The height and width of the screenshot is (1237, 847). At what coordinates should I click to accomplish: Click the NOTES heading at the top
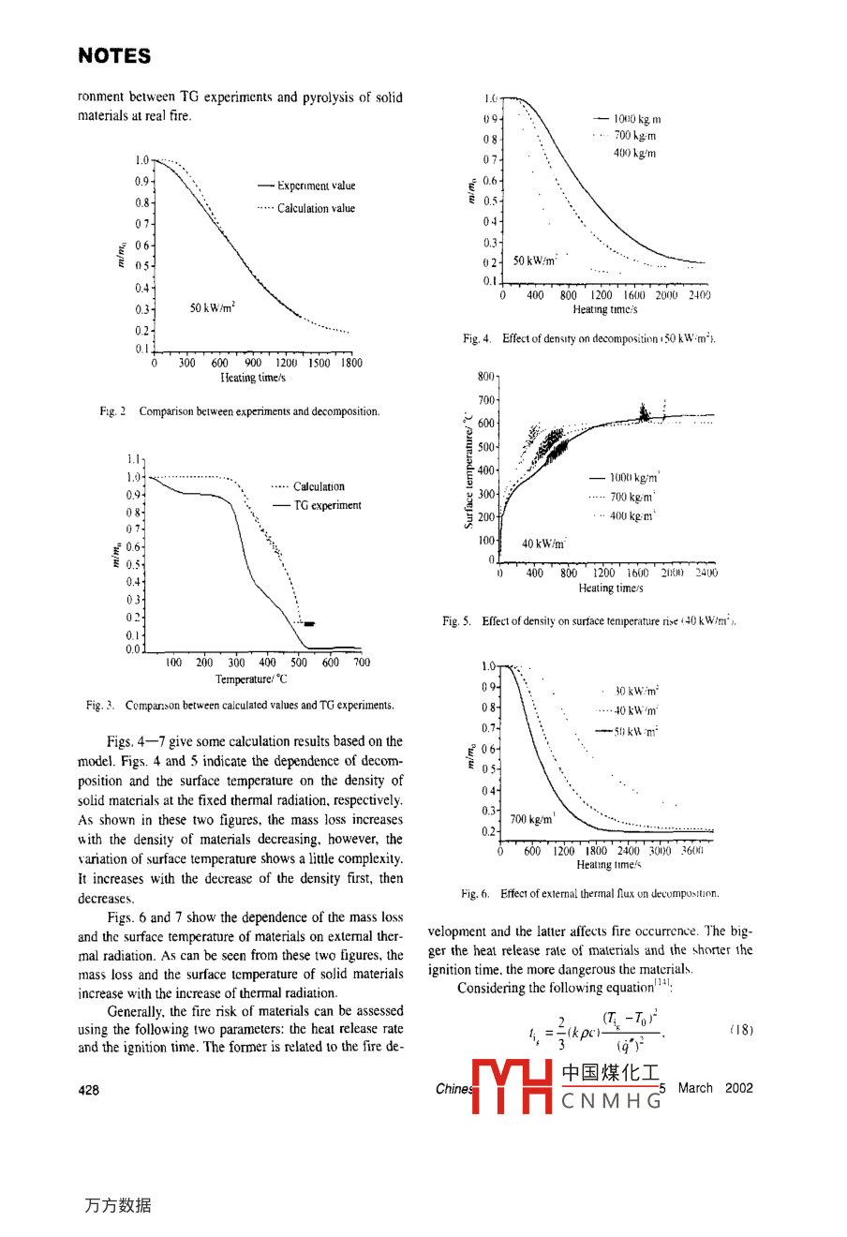pyautogui.click(x=114, y=56)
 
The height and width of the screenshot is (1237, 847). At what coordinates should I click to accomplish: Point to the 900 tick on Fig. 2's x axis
pyautogui.click(x=253, y=363)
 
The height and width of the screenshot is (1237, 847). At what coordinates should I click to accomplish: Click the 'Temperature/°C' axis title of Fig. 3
pyautogui.click(x=252, y=679)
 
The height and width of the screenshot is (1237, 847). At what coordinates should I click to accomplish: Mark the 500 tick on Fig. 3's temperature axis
pyautogui.click(x=299, y=663)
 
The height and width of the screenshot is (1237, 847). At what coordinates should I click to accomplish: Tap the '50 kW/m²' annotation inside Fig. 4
pyautogui.click(x=536, y=261)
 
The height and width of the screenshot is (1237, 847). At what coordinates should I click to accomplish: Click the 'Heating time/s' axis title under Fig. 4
pyautogui.click(x=605, y=309)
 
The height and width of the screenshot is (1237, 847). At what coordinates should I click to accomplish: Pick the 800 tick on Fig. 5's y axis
pyautogui.click(x=485, y=377)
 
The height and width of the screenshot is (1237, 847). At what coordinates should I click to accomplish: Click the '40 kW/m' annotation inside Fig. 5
pyautogui.click(x=543, y=544)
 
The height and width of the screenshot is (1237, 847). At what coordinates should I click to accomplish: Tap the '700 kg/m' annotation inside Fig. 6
pyautogui.click(x=532, y=819)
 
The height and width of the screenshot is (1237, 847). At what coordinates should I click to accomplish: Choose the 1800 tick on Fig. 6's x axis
pyautogui.click(x=596, y=851)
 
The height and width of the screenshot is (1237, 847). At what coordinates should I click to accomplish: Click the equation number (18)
pyautogui.click(x=740, y=1029)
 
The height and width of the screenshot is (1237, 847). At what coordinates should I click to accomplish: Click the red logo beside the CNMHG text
pyautogui.click(x=513, y=1087)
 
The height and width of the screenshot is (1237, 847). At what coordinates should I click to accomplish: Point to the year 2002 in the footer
pyautogui.click(x=738, y=1088)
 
